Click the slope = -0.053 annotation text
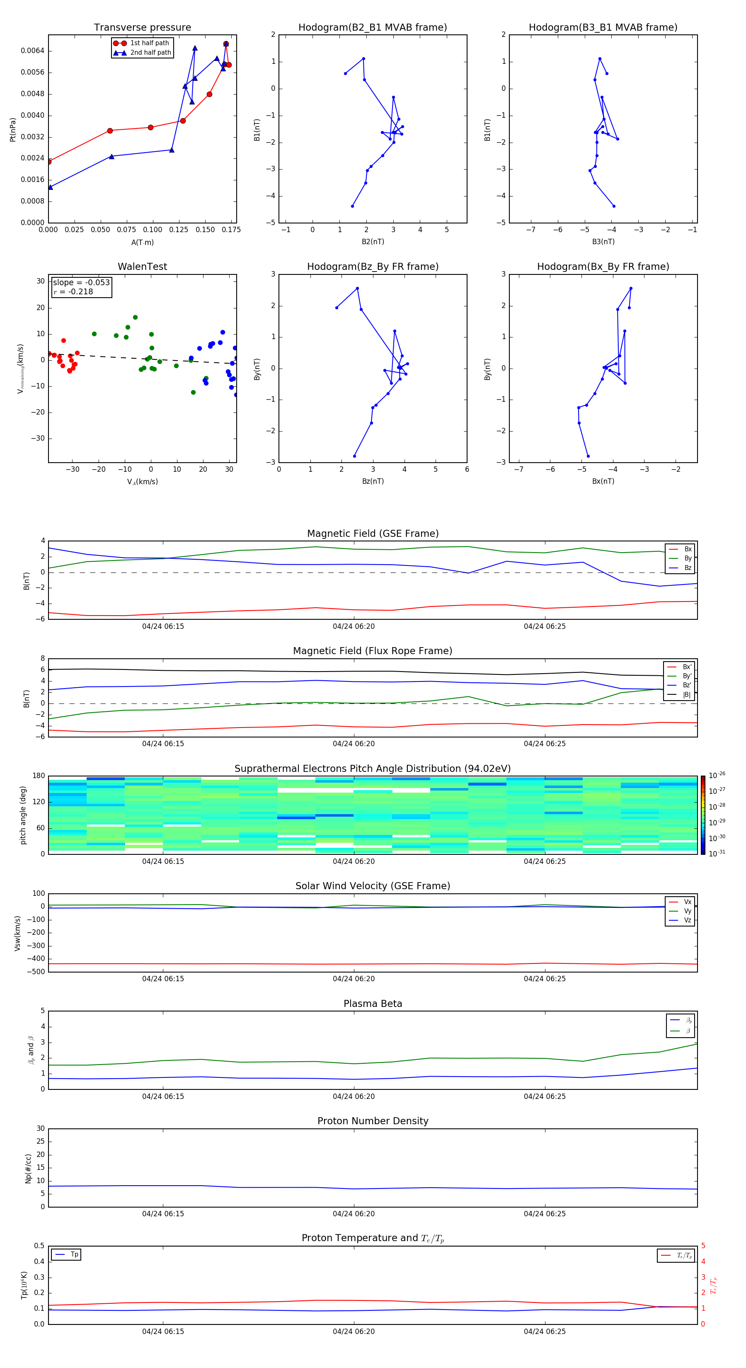(81, 283)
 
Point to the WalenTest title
(142, 267)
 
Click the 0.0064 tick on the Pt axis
(32, 51)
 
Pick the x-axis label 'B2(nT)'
(373, 242)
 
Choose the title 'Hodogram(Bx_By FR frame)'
(603, 267)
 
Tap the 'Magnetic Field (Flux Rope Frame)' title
(372, 651)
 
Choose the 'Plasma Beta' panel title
(372, 1004)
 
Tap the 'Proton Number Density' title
(372, 1121)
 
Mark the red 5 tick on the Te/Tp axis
(703, 1246)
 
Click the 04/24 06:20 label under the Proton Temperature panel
(354, 1332)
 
